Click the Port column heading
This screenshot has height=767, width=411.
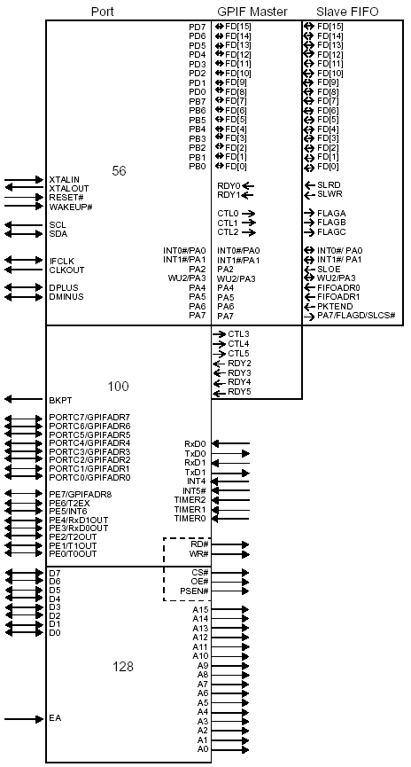(103, 12)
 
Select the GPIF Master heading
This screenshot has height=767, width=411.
(252, 12)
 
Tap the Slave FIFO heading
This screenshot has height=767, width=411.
(347, 12)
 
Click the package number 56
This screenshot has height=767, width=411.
(119, 171)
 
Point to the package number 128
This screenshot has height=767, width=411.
(123, 667)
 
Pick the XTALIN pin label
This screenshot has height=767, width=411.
(64, 180)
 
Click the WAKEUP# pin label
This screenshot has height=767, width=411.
(71, 207)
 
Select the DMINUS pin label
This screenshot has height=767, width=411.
(66, 296)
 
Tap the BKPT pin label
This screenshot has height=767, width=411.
(60, 400)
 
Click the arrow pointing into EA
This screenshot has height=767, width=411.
(24, 719)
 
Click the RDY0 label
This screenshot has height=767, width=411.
(229, 186)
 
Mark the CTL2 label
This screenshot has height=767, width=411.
(229, 231)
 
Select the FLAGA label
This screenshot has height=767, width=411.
(331, 214)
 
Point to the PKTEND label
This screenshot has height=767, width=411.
(335, 306)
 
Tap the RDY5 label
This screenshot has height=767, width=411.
(239, 391)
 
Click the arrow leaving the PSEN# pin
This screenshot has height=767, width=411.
(230, 591)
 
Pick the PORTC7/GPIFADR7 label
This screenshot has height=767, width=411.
(90, 418)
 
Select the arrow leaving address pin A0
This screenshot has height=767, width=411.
(230, 749)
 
